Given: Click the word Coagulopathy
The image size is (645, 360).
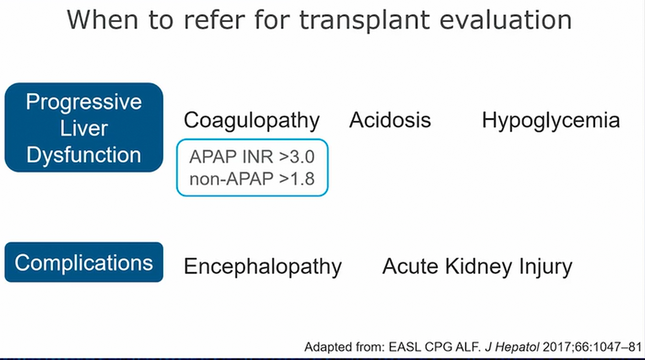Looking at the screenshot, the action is click(251, 121).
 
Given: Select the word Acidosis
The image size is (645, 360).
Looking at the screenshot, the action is click(390, 120).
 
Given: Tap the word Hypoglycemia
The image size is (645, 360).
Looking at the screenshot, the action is click(551, 121).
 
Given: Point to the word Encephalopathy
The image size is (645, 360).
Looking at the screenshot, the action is click(262, 267).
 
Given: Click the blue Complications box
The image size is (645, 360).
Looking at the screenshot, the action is click(84, 262).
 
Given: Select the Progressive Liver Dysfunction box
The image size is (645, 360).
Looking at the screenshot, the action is click(84, 127).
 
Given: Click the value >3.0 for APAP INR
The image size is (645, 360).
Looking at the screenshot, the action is click(297, 157).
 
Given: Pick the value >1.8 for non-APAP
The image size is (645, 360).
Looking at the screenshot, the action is click(297, 179).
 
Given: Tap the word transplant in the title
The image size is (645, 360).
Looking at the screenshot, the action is click(364, 20).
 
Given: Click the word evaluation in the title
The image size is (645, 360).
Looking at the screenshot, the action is click(506, 20).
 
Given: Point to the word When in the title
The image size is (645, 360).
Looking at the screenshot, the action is click(103, 20).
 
